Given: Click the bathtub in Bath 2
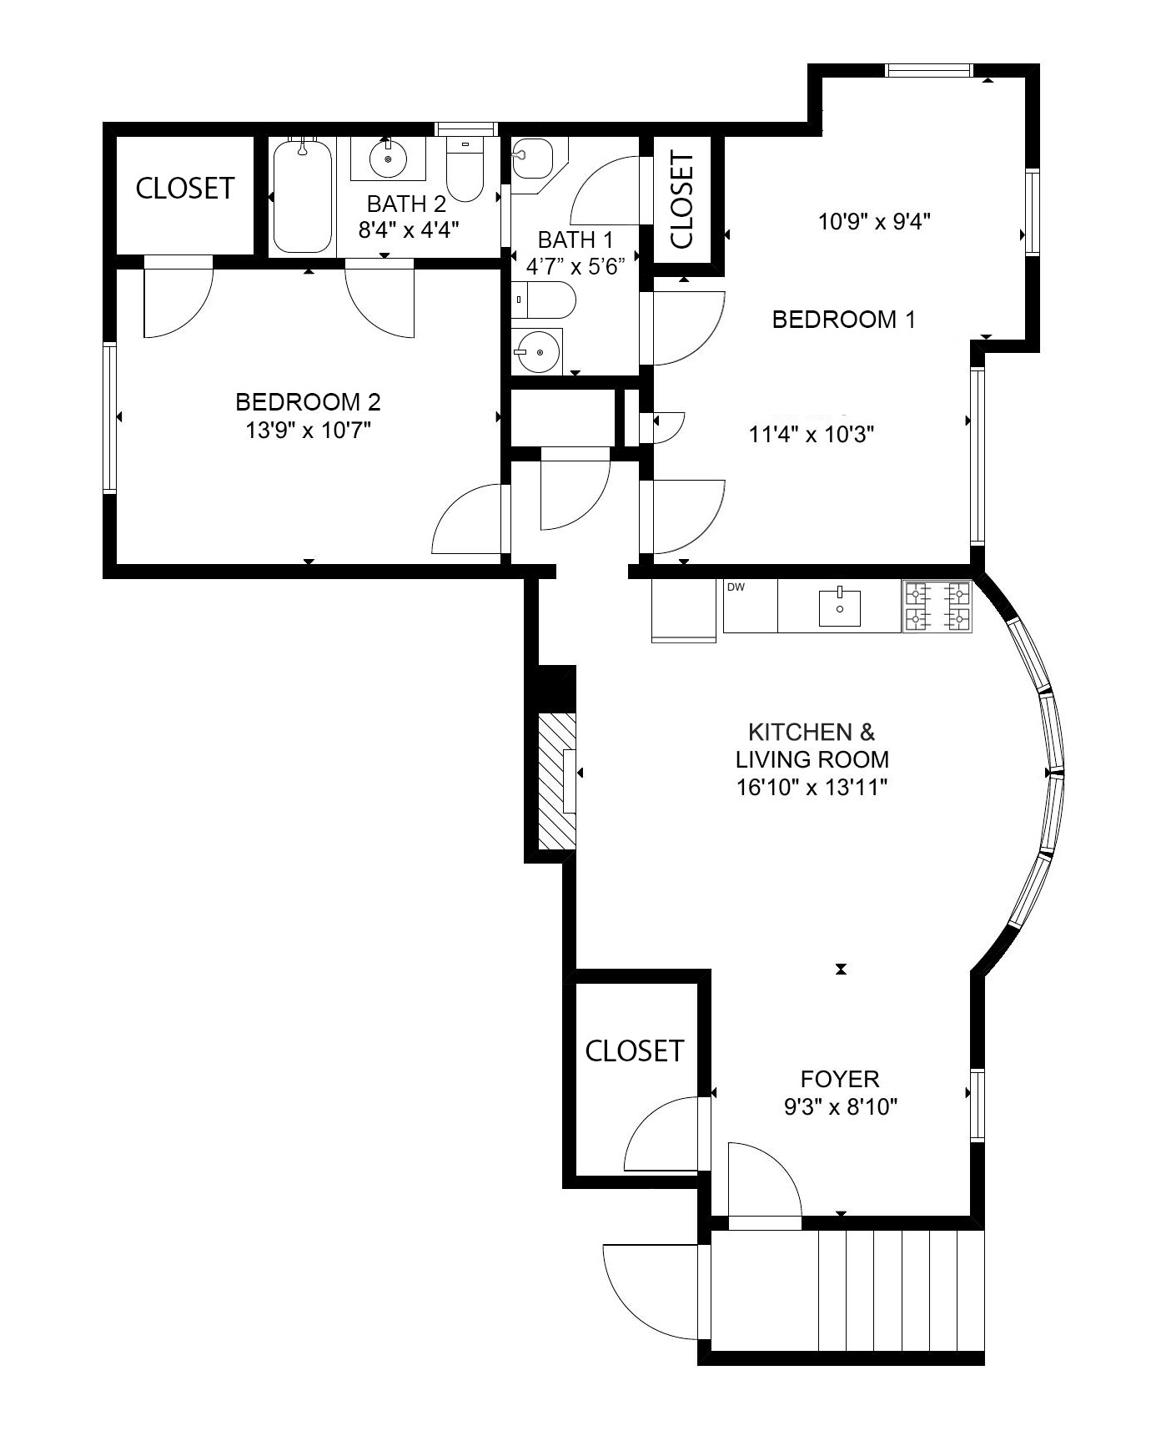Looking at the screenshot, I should point(303,197).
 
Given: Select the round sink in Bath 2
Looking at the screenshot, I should point(388,159).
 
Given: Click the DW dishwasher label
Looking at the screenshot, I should point(736,587).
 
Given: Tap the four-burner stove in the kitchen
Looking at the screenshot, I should point(937,607).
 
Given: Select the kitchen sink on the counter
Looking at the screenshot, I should point(840,607).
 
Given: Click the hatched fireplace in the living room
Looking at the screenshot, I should point(555,780).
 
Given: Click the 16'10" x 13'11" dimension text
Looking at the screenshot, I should point(811,787).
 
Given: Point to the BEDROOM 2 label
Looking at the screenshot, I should point(308,402).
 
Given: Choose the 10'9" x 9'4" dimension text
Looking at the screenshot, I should point(874,222).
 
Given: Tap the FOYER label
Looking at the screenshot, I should point(840,1079).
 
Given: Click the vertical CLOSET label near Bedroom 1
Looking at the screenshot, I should point(681,200).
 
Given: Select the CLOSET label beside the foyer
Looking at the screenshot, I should point(634,1050).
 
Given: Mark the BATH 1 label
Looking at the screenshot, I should point(575,240).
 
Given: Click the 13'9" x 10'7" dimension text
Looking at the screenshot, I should point(308,431).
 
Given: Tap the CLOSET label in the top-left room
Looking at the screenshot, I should point(184,189).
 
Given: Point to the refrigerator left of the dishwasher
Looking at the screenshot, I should point(684,610).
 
